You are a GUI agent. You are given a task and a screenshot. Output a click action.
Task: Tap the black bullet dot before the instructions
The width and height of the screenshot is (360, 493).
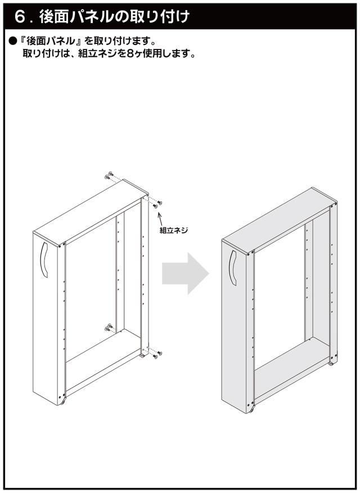coord(12,41)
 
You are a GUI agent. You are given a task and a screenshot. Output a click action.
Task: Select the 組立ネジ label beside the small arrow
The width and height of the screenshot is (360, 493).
coord(173,231)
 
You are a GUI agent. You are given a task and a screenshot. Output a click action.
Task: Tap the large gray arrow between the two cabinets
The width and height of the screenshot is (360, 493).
coord(185,273)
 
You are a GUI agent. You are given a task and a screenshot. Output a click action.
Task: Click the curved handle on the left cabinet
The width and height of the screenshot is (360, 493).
coord(44,259)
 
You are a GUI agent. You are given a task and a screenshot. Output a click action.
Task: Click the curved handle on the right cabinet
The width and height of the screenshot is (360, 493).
coord(233,268)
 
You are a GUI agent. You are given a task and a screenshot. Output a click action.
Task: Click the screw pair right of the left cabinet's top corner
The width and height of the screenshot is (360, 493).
coord(157,204)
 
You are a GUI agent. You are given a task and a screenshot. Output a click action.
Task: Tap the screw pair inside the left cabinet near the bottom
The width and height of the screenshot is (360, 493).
coord(109,327)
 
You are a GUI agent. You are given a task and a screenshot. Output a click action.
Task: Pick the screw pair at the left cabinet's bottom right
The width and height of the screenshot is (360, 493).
coord(157,355)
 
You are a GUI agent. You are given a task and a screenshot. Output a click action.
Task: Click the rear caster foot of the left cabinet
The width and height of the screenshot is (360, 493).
coord(143,355)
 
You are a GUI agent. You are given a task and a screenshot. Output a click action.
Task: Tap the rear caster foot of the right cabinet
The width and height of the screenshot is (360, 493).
coord(331,364)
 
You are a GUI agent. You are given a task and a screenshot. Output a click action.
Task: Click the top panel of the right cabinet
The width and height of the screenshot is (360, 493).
coord(280,219)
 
